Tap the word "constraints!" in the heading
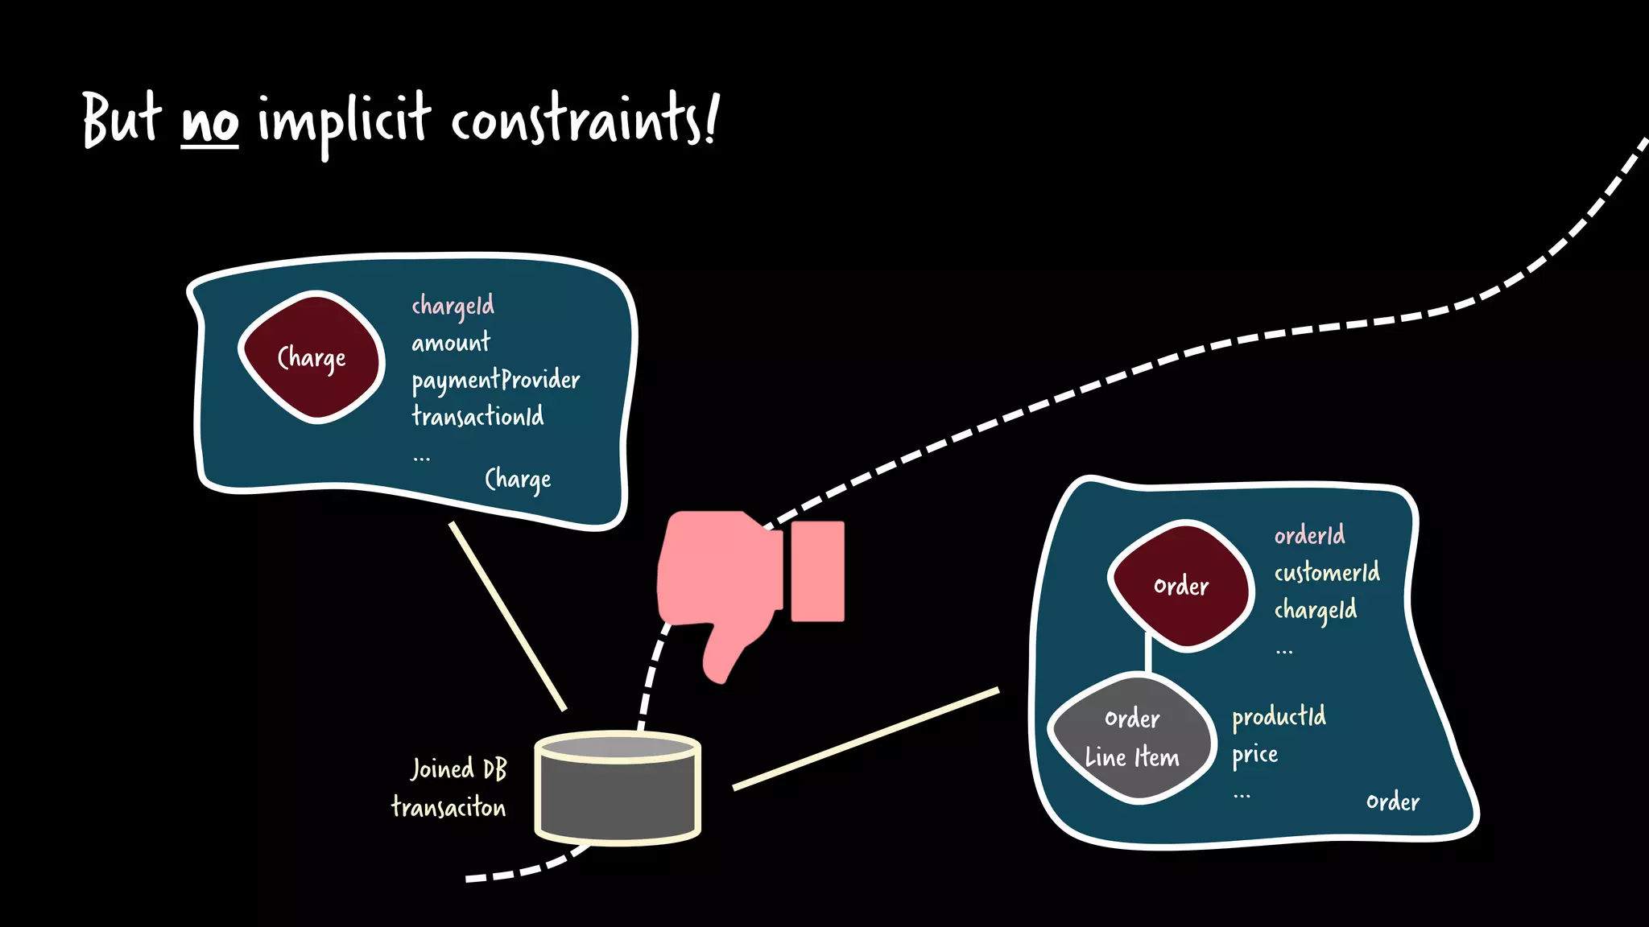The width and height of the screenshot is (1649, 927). point(583,121)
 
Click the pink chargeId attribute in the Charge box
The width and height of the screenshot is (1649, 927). point(453,306)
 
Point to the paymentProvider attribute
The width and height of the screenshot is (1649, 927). point(495,380)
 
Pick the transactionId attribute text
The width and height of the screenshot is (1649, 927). point(477,416)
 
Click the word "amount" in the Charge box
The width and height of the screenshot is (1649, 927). point(450,344)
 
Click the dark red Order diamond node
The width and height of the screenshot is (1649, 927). point(1180,586)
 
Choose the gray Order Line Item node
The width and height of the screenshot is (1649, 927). point(1131,738)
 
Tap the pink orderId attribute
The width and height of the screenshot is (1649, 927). point(1309,535)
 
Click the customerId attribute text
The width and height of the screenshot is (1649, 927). point(1326,572)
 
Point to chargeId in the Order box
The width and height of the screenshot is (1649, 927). point(1315,610)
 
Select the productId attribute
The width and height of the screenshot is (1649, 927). point(1279,716)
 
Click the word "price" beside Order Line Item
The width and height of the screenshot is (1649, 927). point(1254,755)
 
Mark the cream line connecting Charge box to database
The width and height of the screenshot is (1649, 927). point(507,616)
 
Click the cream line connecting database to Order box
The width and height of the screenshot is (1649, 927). point(866,739)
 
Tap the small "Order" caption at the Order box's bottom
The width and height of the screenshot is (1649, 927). point(1392,801)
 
